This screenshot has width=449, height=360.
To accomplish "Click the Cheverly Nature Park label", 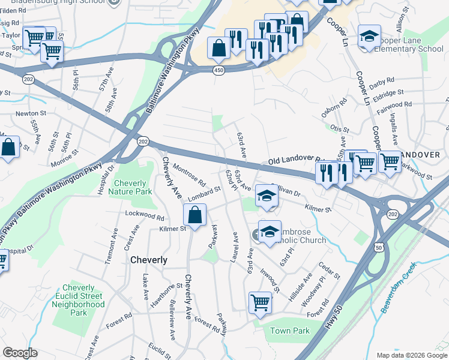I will pyautogui.click(x=130, y=187).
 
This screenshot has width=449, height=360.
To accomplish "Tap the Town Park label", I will pyautogui.click(x=289, y=331).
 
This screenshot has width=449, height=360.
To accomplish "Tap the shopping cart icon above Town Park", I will pyautogui.click(x=260, y=302).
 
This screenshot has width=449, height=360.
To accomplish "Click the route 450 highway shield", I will pyautogui.click(x=219, y=70).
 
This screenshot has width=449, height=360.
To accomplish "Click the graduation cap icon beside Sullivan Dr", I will pyautogui.click(x=267, y=196).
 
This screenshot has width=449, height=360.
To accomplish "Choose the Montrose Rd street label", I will pyautogui.click(x=189, y=175).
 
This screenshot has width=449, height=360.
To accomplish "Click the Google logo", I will pyautogui.click(x=20, y=353).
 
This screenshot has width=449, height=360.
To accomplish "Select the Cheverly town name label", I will pyautogui.click(x=149, y=260).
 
